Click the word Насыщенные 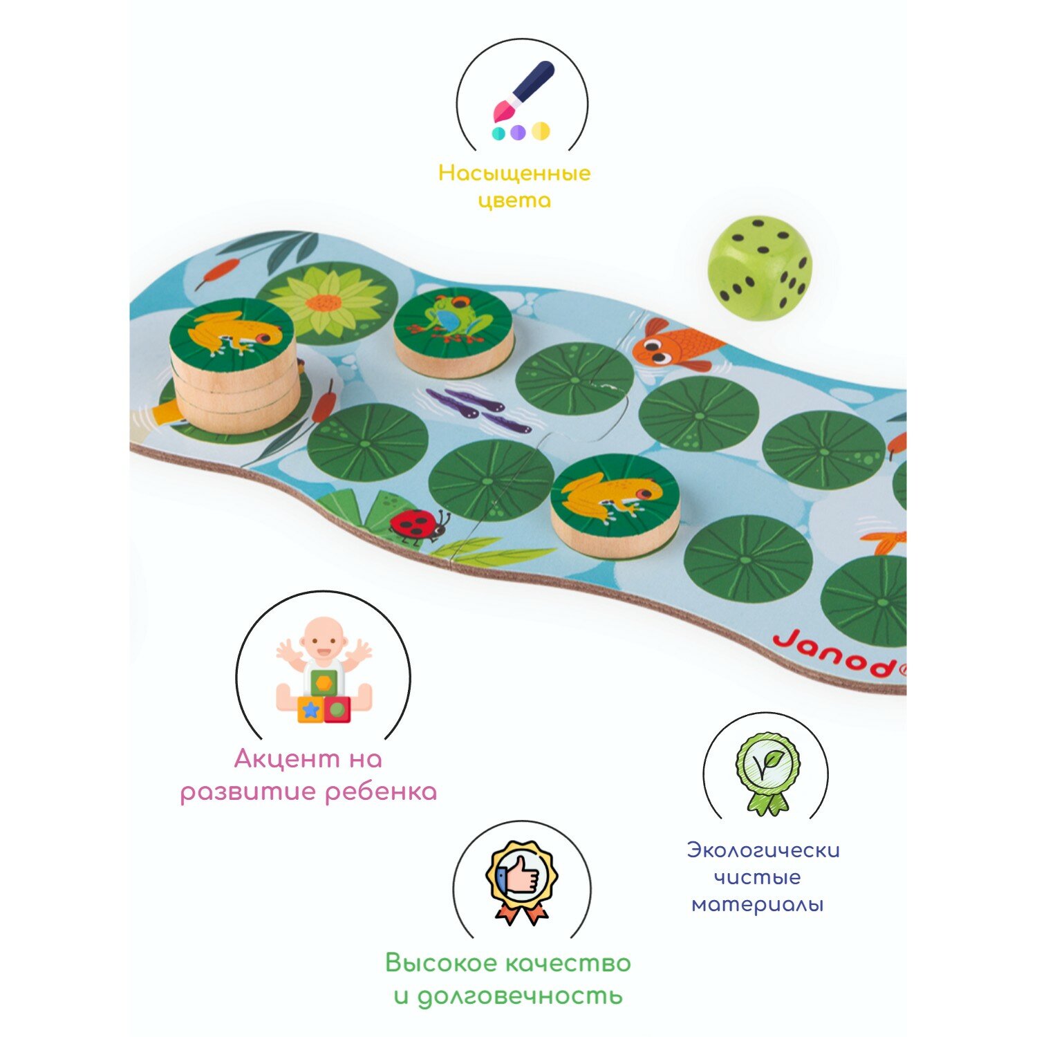(514, 173)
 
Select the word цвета (514, 200)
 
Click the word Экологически (763, 850)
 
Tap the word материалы (758, 904)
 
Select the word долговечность (519, 996)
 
